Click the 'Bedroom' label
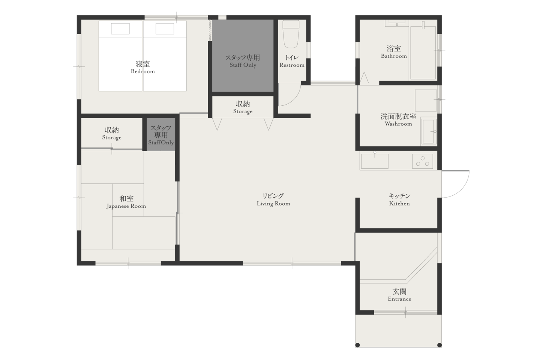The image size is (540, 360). coord(143,71)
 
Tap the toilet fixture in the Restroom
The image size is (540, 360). coord(291,34)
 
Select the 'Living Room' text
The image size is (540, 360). coord(273,204)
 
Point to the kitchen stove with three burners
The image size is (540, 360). coord(423,161)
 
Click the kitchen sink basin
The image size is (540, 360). coord(375,161)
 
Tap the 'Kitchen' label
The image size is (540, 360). coord(399,204)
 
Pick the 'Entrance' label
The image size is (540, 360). coord(399,299)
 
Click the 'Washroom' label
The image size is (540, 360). coord(399,124)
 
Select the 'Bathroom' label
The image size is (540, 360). coord(394,56)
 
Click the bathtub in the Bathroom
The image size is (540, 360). coord(423,53)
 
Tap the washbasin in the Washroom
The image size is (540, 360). coord(429,131)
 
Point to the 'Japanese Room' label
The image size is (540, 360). coord(126,206)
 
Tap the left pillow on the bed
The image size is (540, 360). coord(120,29)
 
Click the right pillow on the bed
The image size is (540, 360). coord(165,29)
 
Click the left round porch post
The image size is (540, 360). coord(358,345)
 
